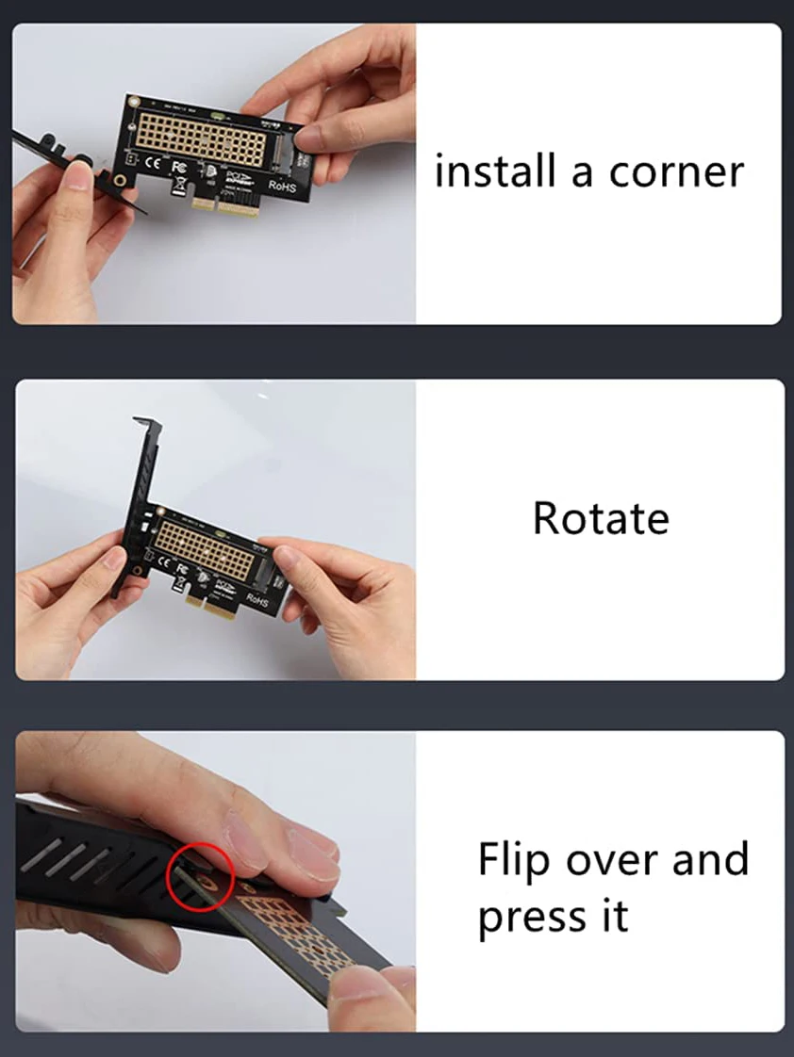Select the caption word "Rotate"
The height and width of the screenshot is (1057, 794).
(601, 518)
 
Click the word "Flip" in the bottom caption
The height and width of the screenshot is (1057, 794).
(514, 859)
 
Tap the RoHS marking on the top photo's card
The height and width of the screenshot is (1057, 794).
(284, 186)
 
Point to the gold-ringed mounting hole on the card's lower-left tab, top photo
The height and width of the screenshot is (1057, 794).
(120, 179)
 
